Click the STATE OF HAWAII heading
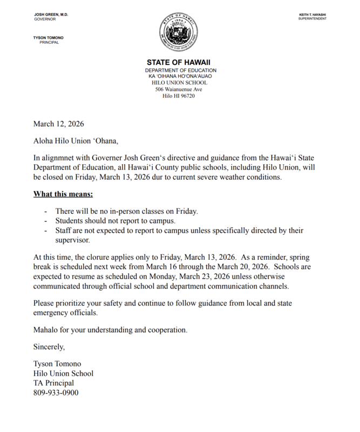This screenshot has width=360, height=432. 180,62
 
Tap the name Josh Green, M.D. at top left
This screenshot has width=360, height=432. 50,13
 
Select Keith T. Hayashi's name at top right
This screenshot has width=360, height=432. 318,13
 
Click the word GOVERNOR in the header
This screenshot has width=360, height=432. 45,18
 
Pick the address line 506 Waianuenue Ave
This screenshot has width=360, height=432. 180,89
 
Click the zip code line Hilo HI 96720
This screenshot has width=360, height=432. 180,96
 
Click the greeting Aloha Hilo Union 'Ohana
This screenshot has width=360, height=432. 75,141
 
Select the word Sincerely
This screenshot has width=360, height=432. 49,346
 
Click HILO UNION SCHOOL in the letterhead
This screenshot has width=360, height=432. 180,83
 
